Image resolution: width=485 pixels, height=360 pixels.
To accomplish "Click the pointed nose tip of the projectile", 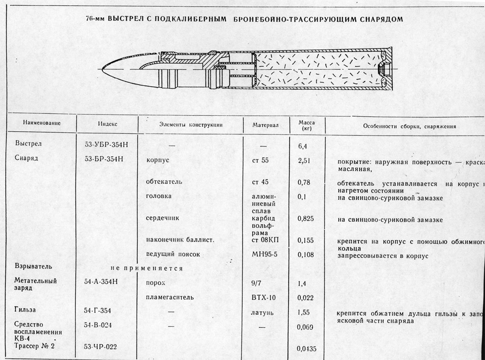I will tap(102, 69).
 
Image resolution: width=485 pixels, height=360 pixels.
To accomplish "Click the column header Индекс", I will tap(108, 124).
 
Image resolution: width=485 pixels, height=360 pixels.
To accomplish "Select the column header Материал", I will tap(266, 125).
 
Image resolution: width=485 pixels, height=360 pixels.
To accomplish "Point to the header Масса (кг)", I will tap(306, 125).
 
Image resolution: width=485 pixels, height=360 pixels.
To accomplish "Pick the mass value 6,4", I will tap(303, 146).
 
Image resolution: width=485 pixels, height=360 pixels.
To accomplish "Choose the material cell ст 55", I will tap(260, 160).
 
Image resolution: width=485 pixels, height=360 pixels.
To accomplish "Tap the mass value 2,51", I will tap(304, 160).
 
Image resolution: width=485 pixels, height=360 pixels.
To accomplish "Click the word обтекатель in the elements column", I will tap(164, 182).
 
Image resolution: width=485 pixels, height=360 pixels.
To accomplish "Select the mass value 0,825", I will tap(306, 219).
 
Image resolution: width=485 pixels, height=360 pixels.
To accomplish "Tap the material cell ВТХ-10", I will tap(263, 297).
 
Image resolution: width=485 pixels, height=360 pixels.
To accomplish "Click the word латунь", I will tap(262, 313).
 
